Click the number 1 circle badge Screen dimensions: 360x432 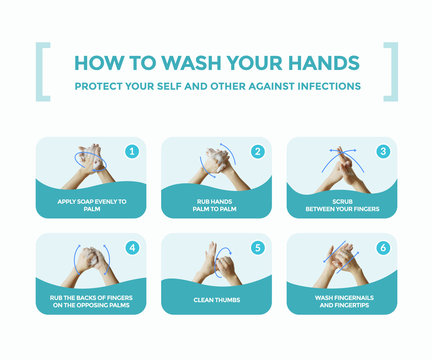pyautogui.click(x=131, y=152)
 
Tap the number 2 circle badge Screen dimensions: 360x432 pyautogui.click(x=257, y=152)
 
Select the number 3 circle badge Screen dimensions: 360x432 pyautogui.click(x=382, y=152)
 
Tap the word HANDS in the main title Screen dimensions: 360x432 pyautogui.click(x=322, y=62)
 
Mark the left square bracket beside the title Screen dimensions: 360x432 pyautogui.click(x=42, y=71)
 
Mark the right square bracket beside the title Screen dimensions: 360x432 pyautogui.click(x=390, y=71)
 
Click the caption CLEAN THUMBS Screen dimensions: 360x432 pyautogui.click(x=216, y=299)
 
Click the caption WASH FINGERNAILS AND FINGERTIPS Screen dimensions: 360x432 pyautogui.click(x=341, y=299)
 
